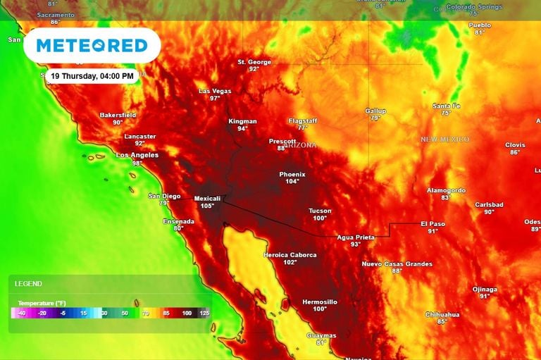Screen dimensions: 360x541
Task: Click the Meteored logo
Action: click(x=92, y=46)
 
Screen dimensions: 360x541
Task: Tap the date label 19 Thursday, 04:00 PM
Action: click(x=92, y=76)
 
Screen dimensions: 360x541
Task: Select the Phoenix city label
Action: click(x=292, y=174)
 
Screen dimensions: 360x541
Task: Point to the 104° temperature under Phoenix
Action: click(x=292, y=182)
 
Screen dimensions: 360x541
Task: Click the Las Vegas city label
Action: click(x=215, y=91)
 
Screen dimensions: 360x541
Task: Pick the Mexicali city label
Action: click(x=207, y=199)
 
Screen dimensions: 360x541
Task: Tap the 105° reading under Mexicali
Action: click(x=207, y=206)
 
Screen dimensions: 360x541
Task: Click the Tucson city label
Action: click(x=320, y=211)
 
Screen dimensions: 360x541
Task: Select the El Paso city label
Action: click(x=433, y=223)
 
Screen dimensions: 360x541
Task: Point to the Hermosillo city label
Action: click(x=320, y=302)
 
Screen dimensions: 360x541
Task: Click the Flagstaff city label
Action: click(x=303, y=120)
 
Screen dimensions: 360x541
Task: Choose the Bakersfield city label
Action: click(x=117, y=114)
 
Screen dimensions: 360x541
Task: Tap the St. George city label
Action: click(x=254, y=62)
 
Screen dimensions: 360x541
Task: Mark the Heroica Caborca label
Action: click(x=290, y=254)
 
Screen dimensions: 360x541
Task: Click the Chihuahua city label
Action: click(x=442, y=314)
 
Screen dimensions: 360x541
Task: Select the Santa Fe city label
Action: click(x=446, y=106)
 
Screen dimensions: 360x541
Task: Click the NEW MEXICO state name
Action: click(x=444, y=139)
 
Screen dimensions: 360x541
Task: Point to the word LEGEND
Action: click(x=29, y=284)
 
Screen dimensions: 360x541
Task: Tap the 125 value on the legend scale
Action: click(x=205, y=313)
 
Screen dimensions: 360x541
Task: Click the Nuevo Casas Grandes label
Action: click(x=397, y=263)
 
